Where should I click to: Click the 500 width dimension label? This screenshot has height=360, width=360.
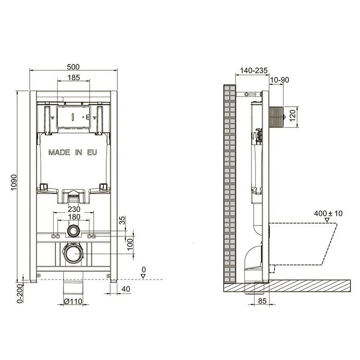point(73,67)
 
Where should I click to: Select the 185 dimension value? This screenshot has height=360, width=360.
point(73,77)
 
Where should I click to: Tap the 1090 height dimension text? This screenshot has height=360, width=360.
point(14,183)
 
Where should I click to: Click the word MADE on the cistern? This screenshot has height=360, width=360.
point(59,153)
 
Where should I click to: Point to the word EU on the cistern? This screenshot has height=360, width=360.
point(92,153)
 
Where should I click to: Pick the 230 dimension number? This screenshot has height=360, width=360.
point(74,209)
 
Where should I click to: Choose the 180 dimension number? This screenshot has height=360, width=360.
point(74,217)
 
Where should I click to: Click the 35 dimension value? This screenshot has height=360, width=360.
point(123,220)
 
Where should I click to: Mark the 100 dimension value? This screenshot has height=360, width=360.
point(130,244)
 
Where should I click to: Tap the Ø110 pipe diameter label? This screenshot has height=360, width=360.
point(73,301)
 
